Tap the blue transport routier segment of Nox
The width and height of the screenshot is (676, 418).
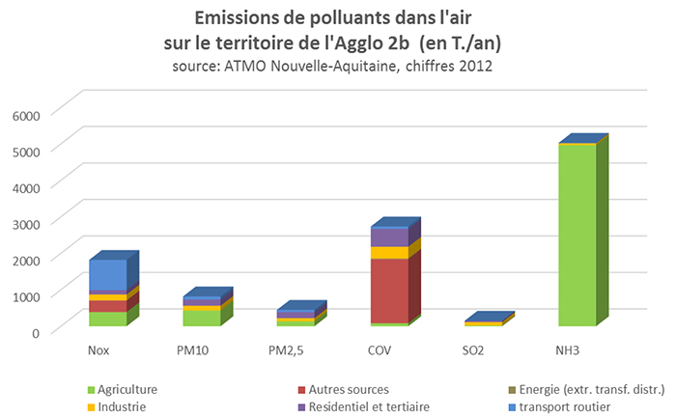[107, 274]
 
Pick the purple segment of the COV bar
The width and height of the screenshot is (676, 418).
[389, 237]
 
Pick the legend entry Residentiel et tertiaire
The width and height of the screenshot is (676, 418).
[371, 406]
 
